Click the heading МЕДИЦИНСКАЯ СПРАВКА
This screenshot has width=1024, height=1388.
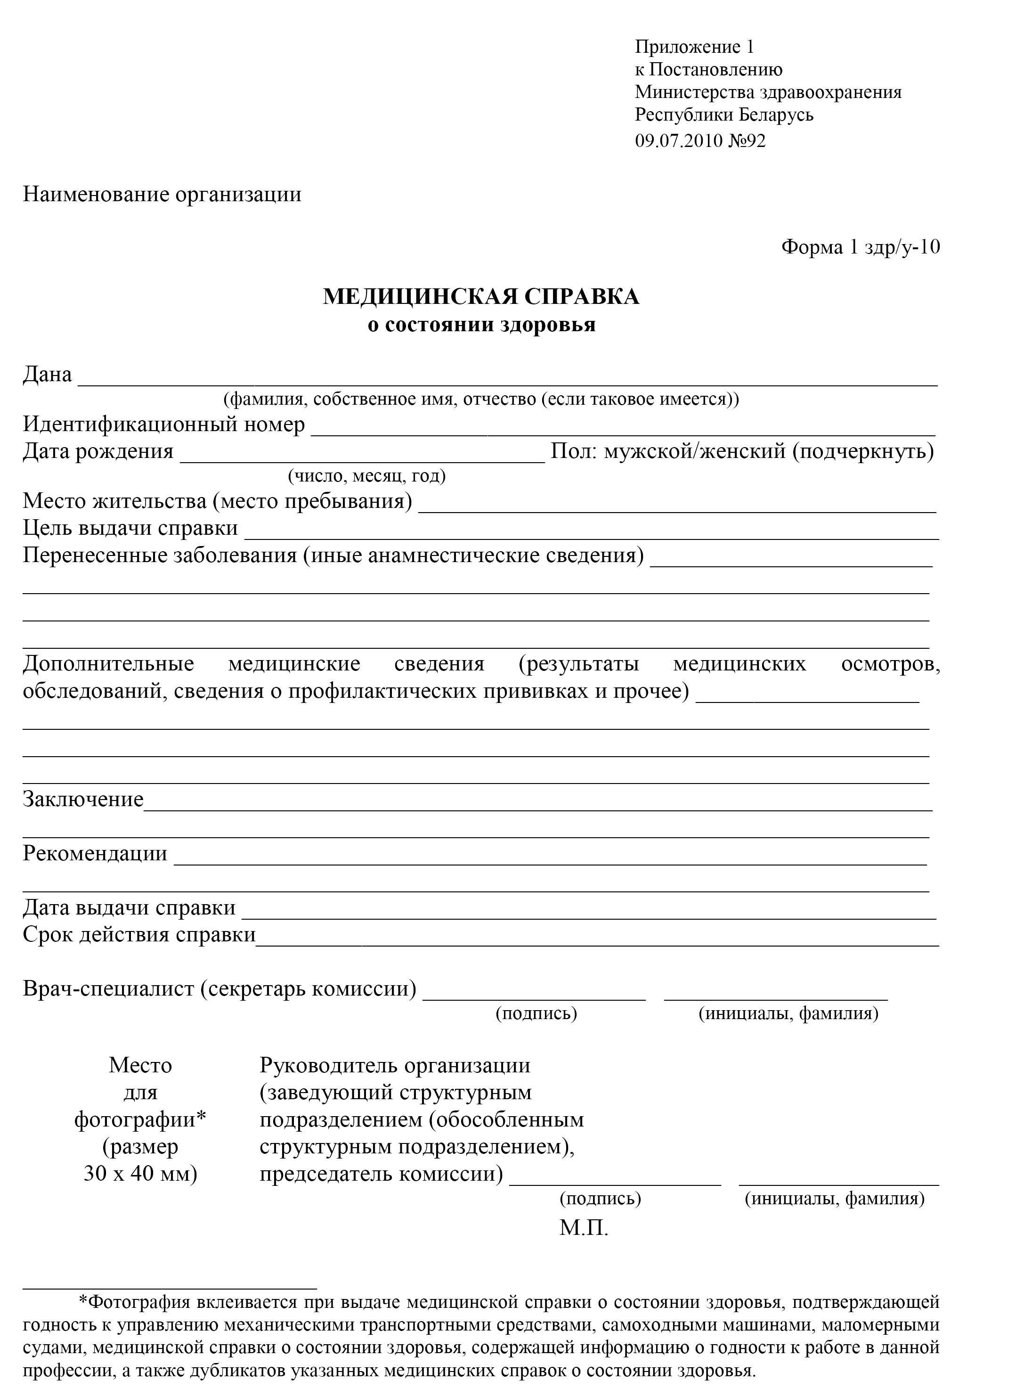pyautogui.click(x=481, y=297)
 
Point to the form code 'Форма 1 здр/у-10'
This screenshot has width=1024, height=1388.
pyautogui.click(x=861, y=247)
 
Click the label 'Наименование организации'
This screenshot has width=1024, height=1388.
pyautogui.click(x=163, y=195)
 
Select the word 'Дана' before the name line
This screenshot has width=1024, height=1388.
pyautogui.click(x=48, y=375)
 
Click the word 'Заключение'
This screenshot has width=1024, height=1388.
pyautogui.click(x=83, y=799)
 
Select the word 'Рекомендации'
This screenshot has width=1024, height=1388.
pyautogui.click(x=95, y=854)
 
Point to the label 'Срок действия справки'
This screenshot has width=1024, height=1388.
pyautogui.click(x=139, y=934)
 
